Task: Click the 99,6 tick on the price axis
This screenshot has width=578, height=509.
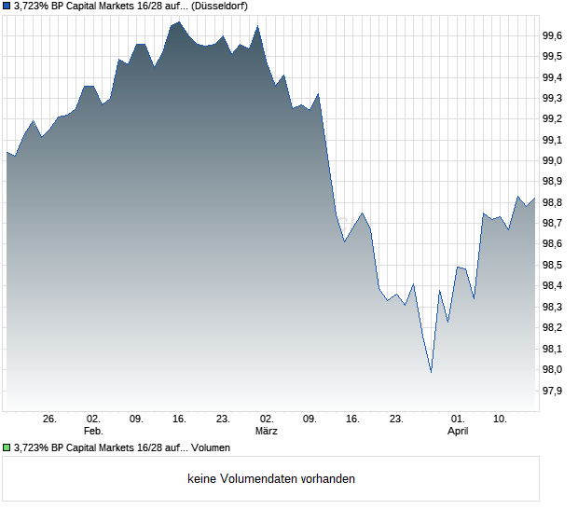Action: (552, 35)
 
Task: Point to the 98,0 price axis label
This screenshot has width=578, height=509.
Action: (552, 370)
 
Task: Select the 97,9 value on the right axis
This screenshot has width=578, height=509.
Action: (552, 391)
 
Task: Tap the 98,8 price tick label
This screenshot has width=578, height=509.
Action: (552, 202)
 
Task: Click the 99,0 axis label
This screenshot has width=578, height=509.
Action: (552, 160)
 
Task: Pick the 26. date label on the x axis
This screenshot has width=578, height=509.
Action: (50, 420)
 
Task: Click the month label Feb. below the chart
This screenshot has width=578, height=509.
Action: (93, 432)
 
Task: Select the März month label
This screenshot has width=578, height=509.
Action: (268, 432)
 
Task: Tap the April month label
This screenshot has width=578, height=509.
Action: (458, 432)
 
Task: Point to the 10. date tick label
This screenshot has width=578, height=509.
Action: (501, 420)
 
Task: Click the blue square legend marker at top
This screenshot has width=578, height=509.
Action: (7, 7)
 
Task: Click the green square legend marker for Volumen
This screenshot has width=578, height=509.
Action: (7, 447)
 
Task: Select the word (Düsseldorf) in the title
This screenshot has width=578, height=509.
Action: (227, 7)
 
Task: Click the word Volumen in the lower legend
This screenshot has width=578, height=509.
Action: (211, 447)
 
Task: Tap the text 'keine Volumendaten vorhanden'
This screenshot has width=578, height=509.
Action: (271, 479)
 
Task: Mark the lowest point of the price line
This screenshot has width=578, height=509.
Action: (431, 372)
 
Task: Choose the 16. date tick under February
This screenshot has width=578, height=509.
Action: (180, 420)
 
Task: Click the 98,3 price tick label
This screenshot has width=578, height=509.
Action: (552, 307)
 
